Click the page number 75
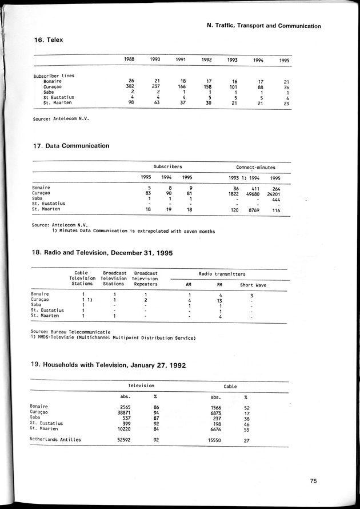pos(313,481)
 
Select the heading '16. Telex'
pos(49,40)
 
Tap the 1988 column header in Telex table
pos(130,59)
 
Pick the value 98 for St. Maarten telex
pos(130,103)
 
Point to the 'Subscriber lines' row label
pos(54,75)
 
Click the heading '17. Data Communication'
pos(71,146)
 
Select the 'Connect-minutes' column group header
pos(255,168)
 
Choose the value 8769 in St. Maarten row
pos(252,210)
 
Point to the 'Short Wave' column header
pos(253,285)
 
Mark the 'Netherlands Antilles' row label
pos(55,440)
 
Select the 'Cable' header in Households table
pos(231,387)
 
